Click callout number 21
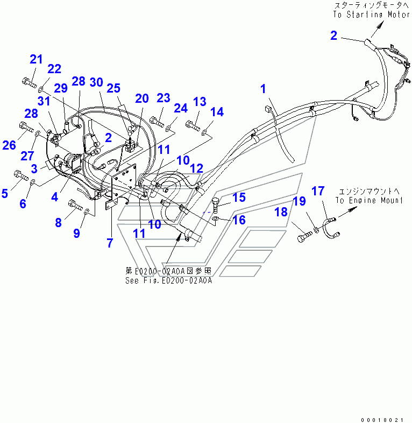(x=36, y=59)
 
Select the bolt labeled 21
(x=29, y=82)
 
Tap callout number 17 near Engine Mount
(x=318, y=191)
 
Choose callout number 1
(x=263, y=89)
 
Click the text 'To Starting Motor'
(x=372, y=15)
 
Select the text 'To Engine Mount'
(x=369, y=200)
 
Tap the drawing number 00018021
(x=382, y=420)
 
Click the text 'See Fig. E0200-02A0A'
(x=168, y=280)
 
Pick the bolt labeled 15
(x=215, y=206)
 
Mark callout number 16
(x=239, y=220)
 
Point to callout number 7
(x=110, y=243)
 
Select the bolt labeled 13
(x=193, y=126)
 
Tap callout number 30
(x=96, y=82)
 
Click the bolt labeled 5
(x=21, y=175)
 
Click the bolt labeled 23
(x=157, y=122)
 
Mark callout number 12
(x=196, y=168)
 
